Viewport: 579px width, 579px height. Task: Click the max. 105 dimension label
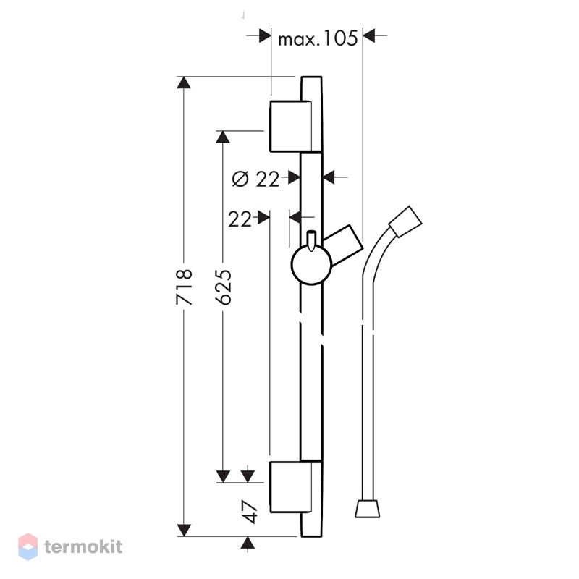click(x=318, y=38)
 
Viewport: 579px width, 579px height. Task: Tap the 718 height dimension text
click(x=185, y=287)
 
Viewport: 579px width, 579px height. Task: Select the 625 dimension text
click(x=224, y=287)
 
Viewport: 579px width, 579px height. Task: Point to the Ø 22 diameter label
click(x=255, y=179)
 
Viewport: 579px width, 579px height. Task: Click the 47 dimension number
click(x=250, y=512)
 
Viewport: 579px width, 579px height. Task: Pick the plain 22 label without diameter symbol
click(x=240, y=219)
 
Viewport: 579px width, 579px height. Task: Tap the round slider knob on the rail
click(x=312, y=264)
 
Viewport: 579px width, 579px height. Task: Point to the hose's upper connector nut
click(x=405, y=221)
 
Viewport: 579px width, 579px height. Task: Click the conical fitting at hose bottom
click(x=368, y=509)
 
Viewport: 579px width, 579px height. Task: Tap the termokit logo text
click(x=83, y=546)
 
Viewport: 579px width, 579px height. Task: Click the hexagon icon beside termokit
click(x=28, y=546)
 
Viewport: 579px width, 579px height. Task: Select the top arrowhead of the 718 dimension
click(x=184, y=83)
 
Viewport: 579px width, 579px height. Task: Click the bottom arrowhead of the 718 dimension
click(x=184, y=531)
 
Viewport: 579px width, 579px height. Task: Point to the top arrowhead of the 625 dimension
click(x=223, y=137)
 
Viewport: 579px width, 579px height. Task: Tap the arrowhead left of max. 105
click(x=265, y=35)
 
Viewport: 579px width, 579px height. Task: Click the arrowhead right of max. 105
click(x=369, y=35)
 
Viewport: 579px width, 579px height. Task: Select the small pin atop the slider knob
click(x=311, y=240)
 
